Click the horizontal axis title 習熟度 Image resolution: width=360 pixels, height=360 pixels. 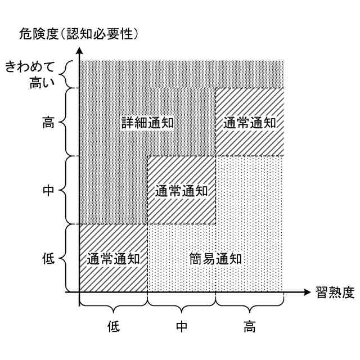click(x=334, y=292)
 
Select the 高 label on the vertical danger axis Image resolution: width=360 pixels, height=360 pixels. click(x=48, y=123)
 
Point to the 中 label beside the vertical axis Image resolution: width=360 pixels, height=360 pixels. click(x=48, y=190)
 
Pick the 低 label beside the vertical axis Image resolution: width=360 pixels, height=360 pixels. click(x=48, y=259)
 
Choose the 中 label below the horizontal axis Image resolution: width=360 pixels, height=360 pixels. click(x=181, y=326)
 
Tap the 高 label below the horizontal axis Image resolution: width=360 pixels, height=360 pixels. click(x=250, y=326)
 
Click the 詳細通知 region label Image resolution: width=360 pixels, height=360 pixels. click(x=147, y=123)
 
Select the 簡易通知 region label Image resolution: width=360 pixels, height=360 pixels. click(x=216, y=259)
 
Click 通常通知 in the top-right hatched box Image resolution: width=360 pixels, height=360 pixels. click(x=249, y=123)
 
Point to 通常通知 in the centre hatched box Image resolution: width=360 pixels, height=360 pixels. click(x=181, y=190)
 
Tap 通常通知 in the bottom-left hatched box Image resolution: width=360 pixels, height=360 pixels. click(x=113, y=259)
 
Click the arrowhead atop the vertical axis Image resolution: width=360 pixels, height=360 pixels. click(x=80, y=51)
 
